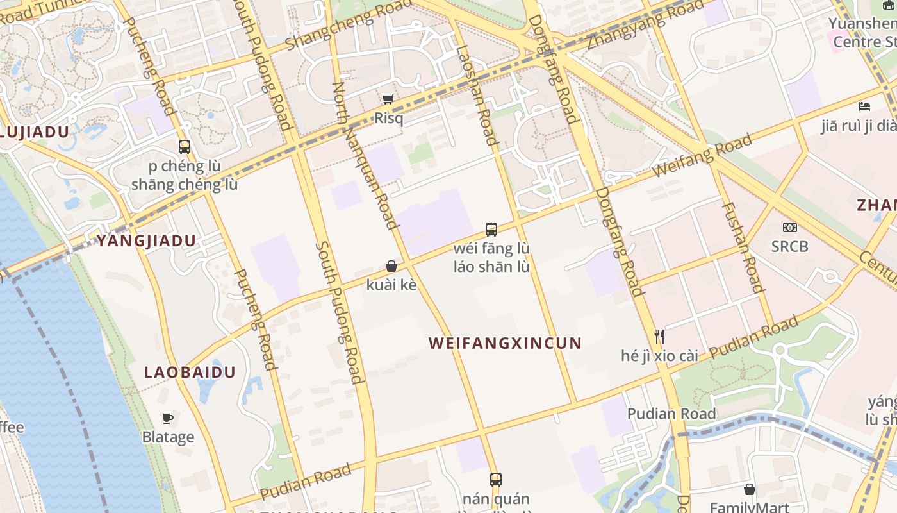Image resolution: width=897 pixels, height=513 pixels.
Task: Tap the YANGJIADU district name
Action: pyautogui.click(x=146, y=241)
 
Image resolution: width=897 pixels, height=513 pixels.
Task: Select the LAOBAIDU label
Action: pyautogui.click(x=190, y=373)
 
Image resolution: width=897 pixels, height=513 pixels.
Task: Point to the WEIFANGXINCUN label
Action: pyautogui.click(x=505, y=343)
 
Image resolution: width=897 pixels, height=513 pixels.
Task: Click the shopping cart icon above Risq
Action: pyautogui.click(x=388, y=99)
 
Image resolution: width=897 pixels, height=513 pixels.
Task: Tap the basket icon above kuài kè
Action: pyautogui.click(x=391, y=266)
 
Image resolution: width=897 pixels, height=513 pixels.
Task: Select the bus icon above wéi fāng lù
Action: pyautogui.click(x=491, y=229)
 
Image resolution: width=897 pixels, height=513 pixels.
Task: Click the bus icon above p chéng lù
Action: pyautogui.click(x=185, y=146)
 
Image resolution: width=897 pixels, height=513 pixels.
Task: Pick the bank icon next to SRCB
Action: pyautogui.click(x=790, y=227)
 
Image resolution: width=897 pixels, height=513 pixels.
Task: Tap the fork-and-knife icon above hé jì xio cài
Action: pyautogui.click(x=659, y=336)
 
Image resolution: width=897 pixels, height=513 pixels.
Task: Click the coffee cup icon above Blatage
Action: pyautogui.click(x=168, y=418)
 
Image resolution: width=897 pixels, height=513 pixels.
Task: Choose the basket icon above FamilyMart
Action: pyautogui.click(x=749, y=489)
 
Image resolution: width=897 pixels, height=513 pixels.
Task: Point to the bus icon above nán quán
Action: pyautogui.click(x=496, y=479)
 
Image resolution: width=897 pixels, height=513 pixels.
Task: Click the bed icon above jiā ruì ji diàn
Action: pyautogui.click(x=864, y=106)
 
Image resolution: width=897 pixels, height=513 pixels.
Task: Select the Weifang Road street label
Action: pyautogui.click(x=702, y=156)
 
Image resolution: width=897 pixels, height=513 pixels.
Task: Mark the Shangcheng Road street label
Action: pyautogui.click(x=349, y=26)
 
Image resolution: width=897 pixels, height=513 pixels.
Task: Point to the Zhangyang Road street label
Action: pyautogui.click(x=645, y=24)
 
